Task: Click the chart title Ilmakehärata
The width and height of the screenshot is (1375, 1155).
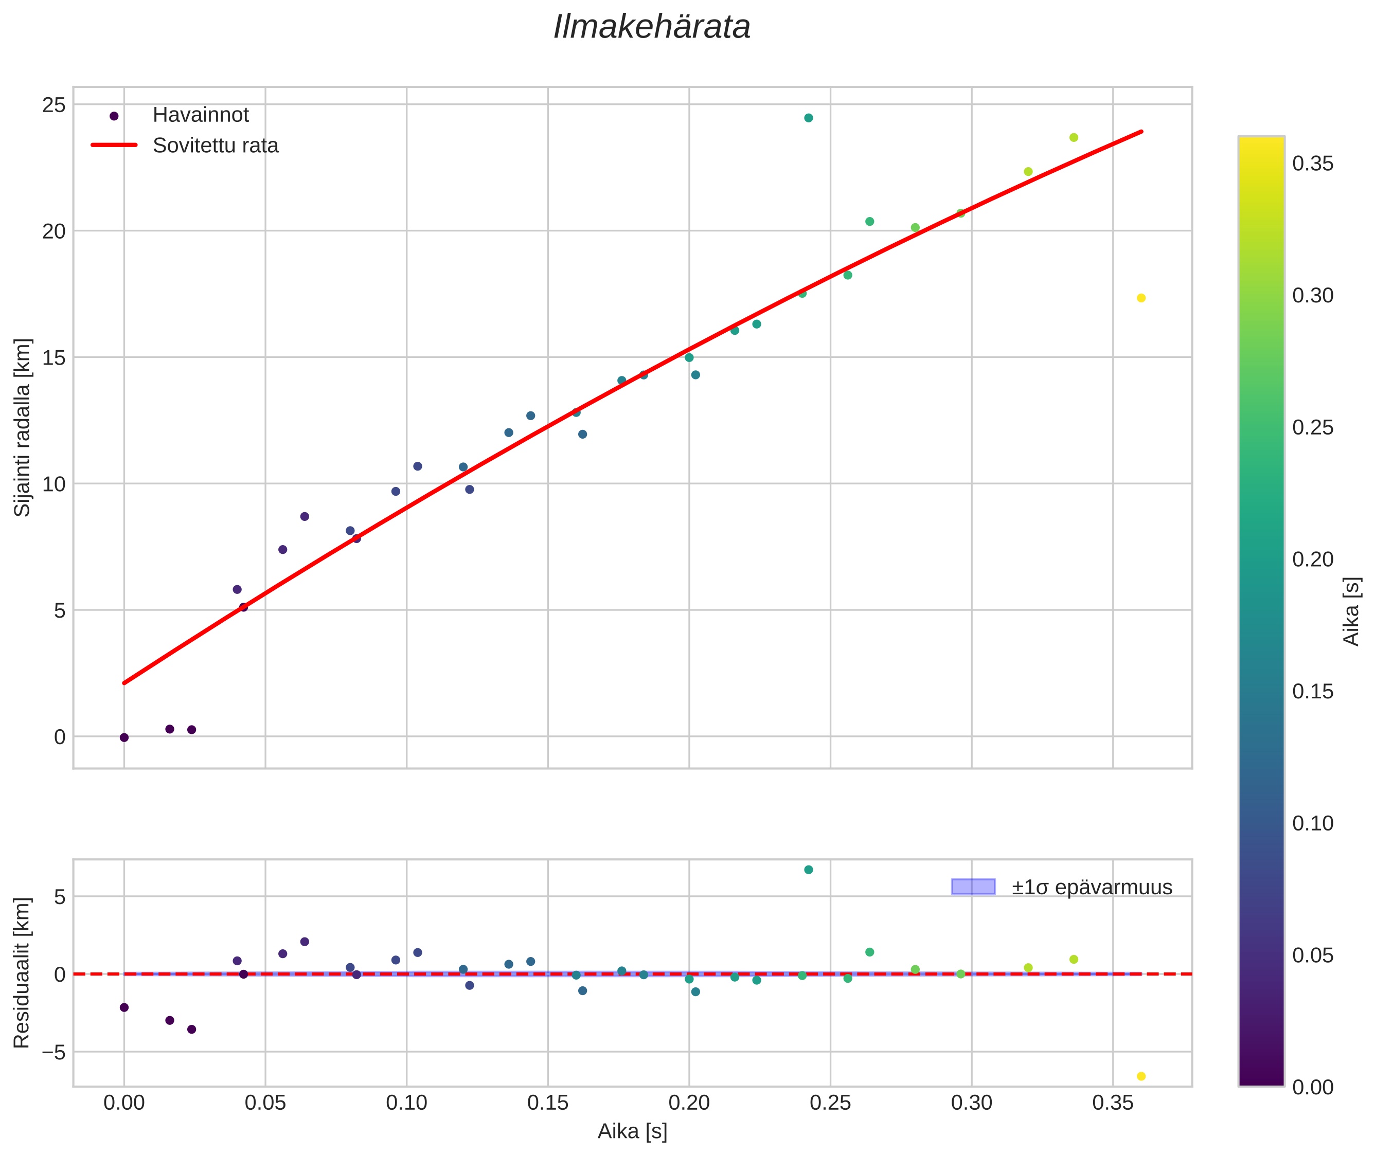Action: (651, 27)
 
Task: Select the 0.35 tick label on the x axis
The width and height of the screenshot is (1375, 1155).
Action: (1112, 1103)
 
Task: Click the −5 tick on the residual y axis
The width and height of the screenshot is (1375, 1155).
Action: (51, 1052)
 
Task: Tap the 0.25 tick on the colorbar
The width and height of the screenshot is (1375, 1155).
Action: (1312, 427)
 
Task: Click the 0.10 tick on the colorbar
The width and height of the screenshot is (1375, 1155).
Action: (1312, 823)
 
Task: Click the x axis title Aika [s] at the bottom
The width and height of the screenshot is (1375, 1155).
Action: (632, 1131)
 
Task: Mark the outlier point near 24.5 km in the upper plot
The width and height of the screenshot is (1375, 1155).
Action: (808, 118)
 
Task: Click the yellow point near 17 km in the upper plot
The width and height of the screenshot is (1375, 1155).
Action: (1140, 298)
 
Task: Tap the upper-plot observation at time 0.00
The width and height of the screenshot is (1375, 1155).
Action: (124, 737)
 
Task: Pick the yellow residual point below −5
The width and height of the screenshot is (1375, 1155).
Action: (1140, 1076)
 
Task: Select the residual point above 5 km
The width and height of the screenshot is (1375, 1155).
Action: (808, 870)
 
